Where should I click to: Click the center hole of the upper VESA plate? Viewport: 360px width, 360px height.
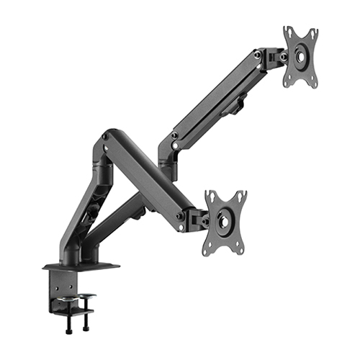coord(301,56)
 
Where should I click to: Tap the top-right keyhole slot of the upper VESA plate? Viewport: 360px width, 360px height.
coord(313,36)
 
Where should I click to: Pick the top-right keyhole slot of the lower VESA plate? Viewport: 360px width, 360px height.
coord(240,196)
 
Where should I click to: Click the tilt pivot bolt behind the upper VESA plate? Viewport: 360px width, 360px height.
coord(284,55)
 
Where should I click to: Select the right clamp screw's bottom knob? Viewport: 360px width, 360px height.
coord(89,330)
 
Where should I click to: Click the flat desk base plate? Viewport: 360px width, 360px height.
coord(79,267)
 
